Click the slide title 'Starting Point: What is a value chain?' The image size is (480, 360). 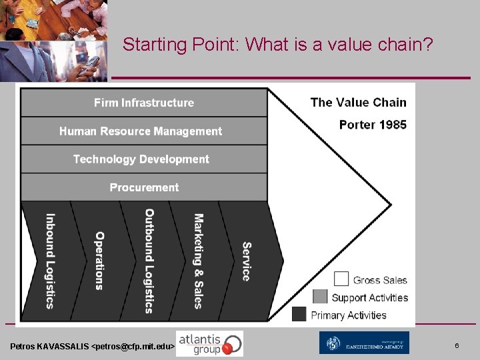[x=278, y=45]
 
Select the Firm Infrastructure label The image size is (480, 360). [x=144, y=103]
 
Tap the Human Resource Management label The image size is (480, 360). [x=141, y=131]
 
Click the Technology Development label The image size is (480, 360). [x=141, y=159]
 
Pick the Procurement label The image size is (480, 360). [x=144, y=187]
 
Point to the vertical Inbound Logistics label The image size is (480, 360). [x=50, y=261]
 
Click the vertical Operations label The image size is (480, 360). [x=99, y=261]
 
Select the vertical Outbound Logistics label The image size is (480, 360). [x=149, y=261]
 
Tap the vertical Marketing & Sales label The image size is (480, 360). [x=198, y=261]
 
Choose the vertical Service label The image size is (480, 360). [x=246, y=261]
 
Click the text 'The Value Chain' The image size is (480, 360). [x=358, y=102]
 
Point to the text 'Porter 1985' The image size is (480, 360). [x=373, y=125]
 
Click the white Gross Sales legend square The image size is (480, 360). [x=341, y=279]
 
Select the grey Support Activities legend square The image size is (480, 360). [x=320, y=296]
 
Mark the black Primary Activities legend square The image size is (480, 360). [x=299, y=314]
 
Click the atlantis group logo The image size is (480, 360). [x=209, y=343]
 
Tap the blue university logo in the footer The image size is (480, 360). [x=363, y=343]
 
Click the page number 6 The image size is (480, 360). [x=457, y=345]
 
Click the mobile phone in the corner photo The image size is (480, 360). [x=91, y=63]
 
